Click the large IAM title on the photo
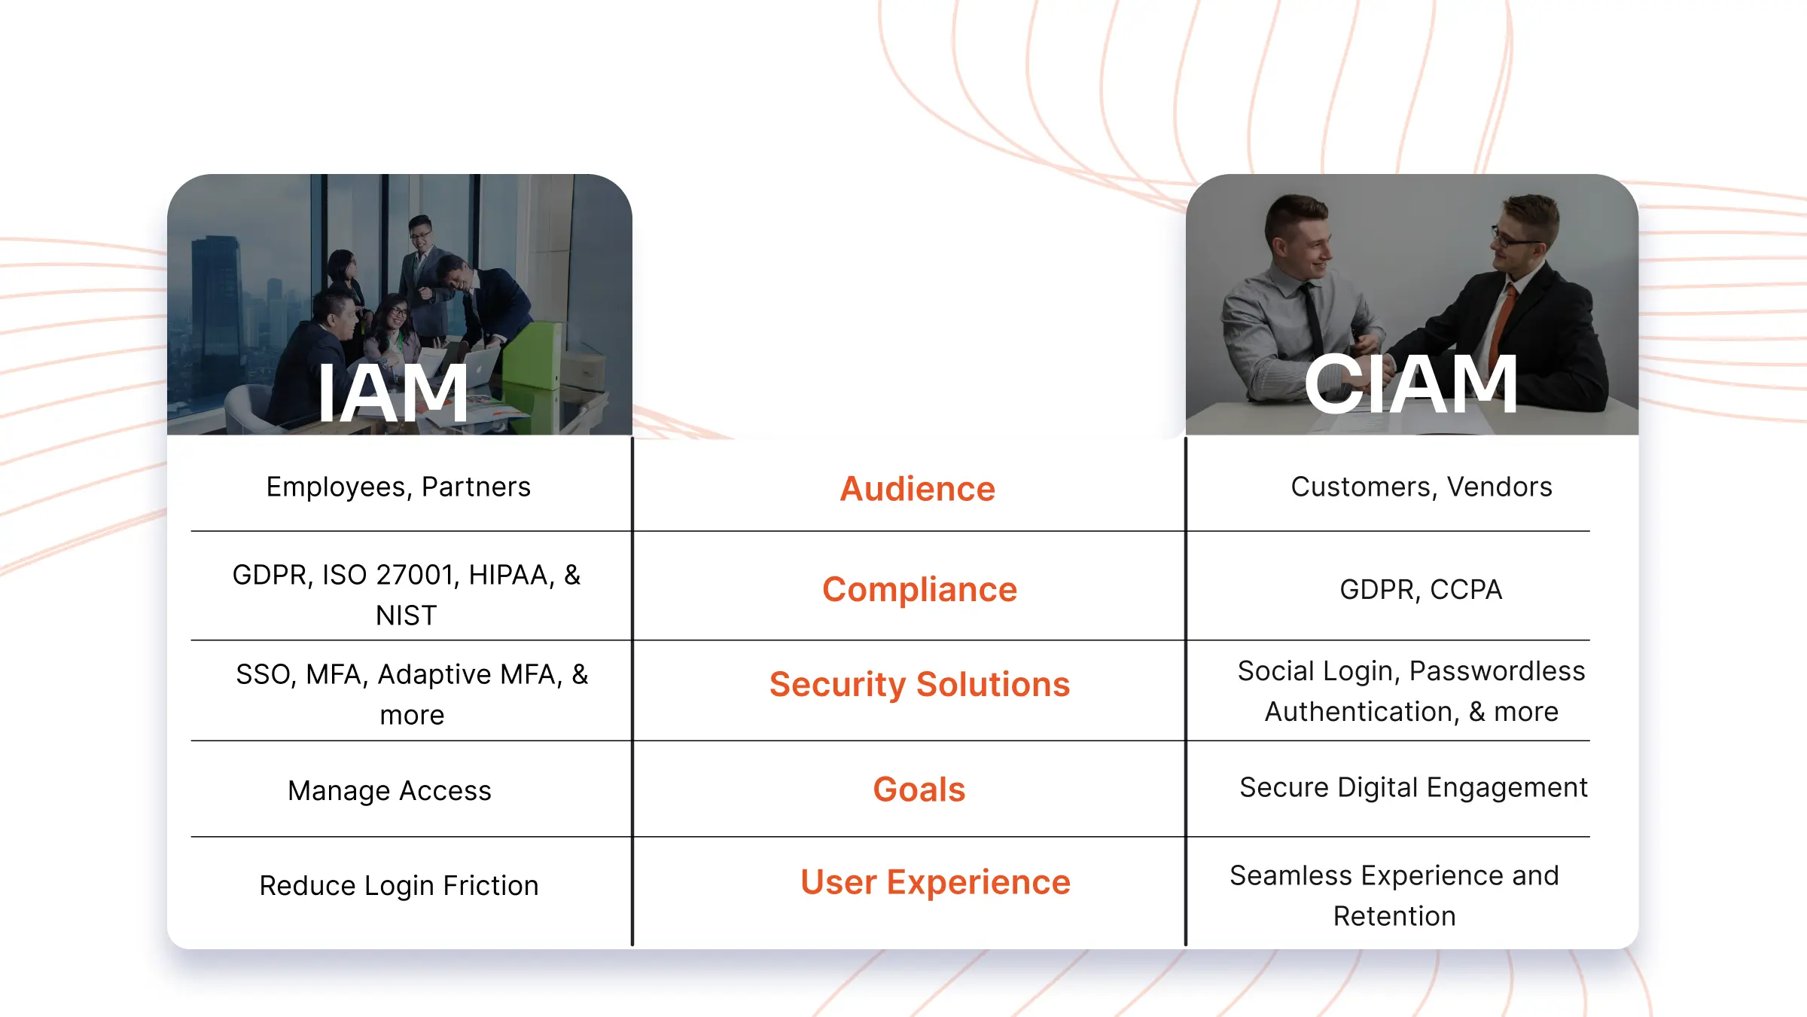pos(392,393)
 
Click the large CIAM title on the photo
pos(1410,385)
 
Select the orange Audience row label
pos(917,489)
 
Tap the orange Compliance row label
pos(919,589)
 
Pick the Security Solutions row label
pos(919,684)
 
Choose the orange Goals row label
pos(919,789)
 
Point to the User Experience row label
pos(935,881)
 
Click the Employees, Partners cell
pos(398,487)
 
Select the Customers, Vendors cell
pos(1421,487)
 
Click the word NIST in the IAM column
pos(406,615)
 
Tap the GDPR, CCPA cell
pos(1421,589)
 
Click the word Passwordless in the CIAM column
pos(1497,670)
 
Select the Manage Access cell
pos(389,790)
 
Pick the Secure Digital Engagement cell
pos(1413,787)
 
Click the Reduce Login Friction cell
pos(399,885)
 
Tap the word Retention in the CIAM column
pos(1394,916)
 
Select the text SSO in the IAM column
pos(264,674)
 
